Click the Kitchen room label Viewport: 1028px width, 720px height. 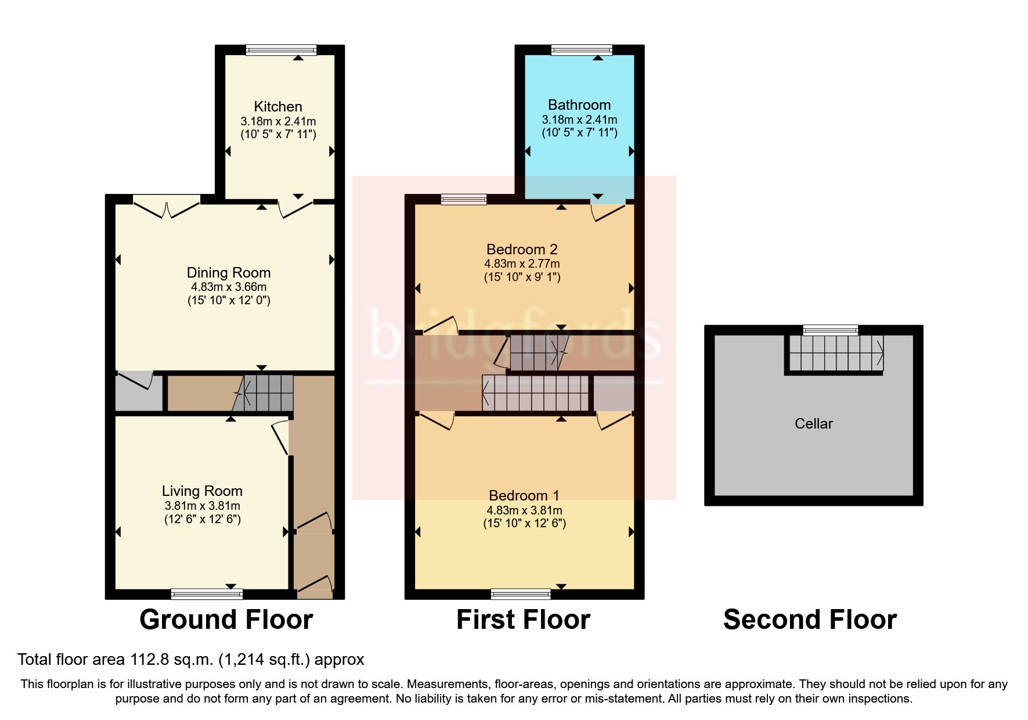(278, 107)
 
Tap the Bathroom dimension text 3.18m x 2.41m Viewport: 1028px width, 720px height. (579, 120)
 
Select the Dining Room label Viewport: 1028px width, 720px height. (229, 273)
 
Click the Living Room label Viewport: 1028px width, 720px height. (202, 491)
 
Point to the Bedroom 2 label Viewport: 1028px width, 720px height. (522, 250)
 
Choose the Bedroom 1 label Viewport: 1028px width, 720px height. (524, 496)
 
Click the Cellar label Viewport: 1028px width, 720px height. (813, 424)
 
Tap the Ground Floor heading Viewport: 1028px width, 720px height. (226, 620)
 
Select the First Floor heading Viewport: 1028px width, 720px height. (523, 620)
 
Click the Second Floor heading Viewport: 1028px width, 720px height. (810, 620)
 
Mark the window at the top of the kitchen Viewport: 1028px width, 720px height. (281, 51)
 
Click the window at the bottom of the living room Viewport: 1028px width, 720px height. (207, 593)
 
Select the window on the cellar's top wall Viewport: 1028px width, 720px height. (831, 330)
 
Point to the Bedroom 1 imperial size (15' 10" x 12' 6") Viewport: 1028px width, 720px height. (524, 524)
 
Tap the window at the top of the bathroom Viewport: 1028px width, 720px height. (582, 51)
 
